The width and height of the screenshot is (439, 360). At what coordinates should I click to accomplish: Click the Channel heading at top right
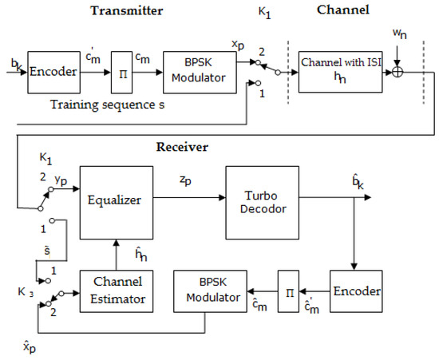click(x=342, y=11)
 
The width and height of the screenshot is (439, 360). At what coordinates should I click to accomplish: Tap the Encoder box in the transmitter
click(x=54, y=70)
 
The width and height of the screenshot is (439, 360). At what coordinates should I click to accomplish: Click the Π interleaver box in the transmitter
click(x=120, y=71)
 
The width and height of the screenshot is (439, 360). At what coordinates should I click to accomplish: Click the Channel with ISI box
click(x=337, y=71)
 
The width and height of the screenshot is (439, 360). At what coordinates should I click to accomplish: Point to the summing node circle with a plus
click(x=396, y=71)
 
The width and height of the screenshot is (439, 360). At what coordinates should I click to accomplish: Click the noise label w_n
click(x=396, y=35)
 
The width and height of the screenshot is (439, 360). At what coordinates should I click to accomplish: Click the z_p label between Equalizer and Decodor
click(x=186, y=183)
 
